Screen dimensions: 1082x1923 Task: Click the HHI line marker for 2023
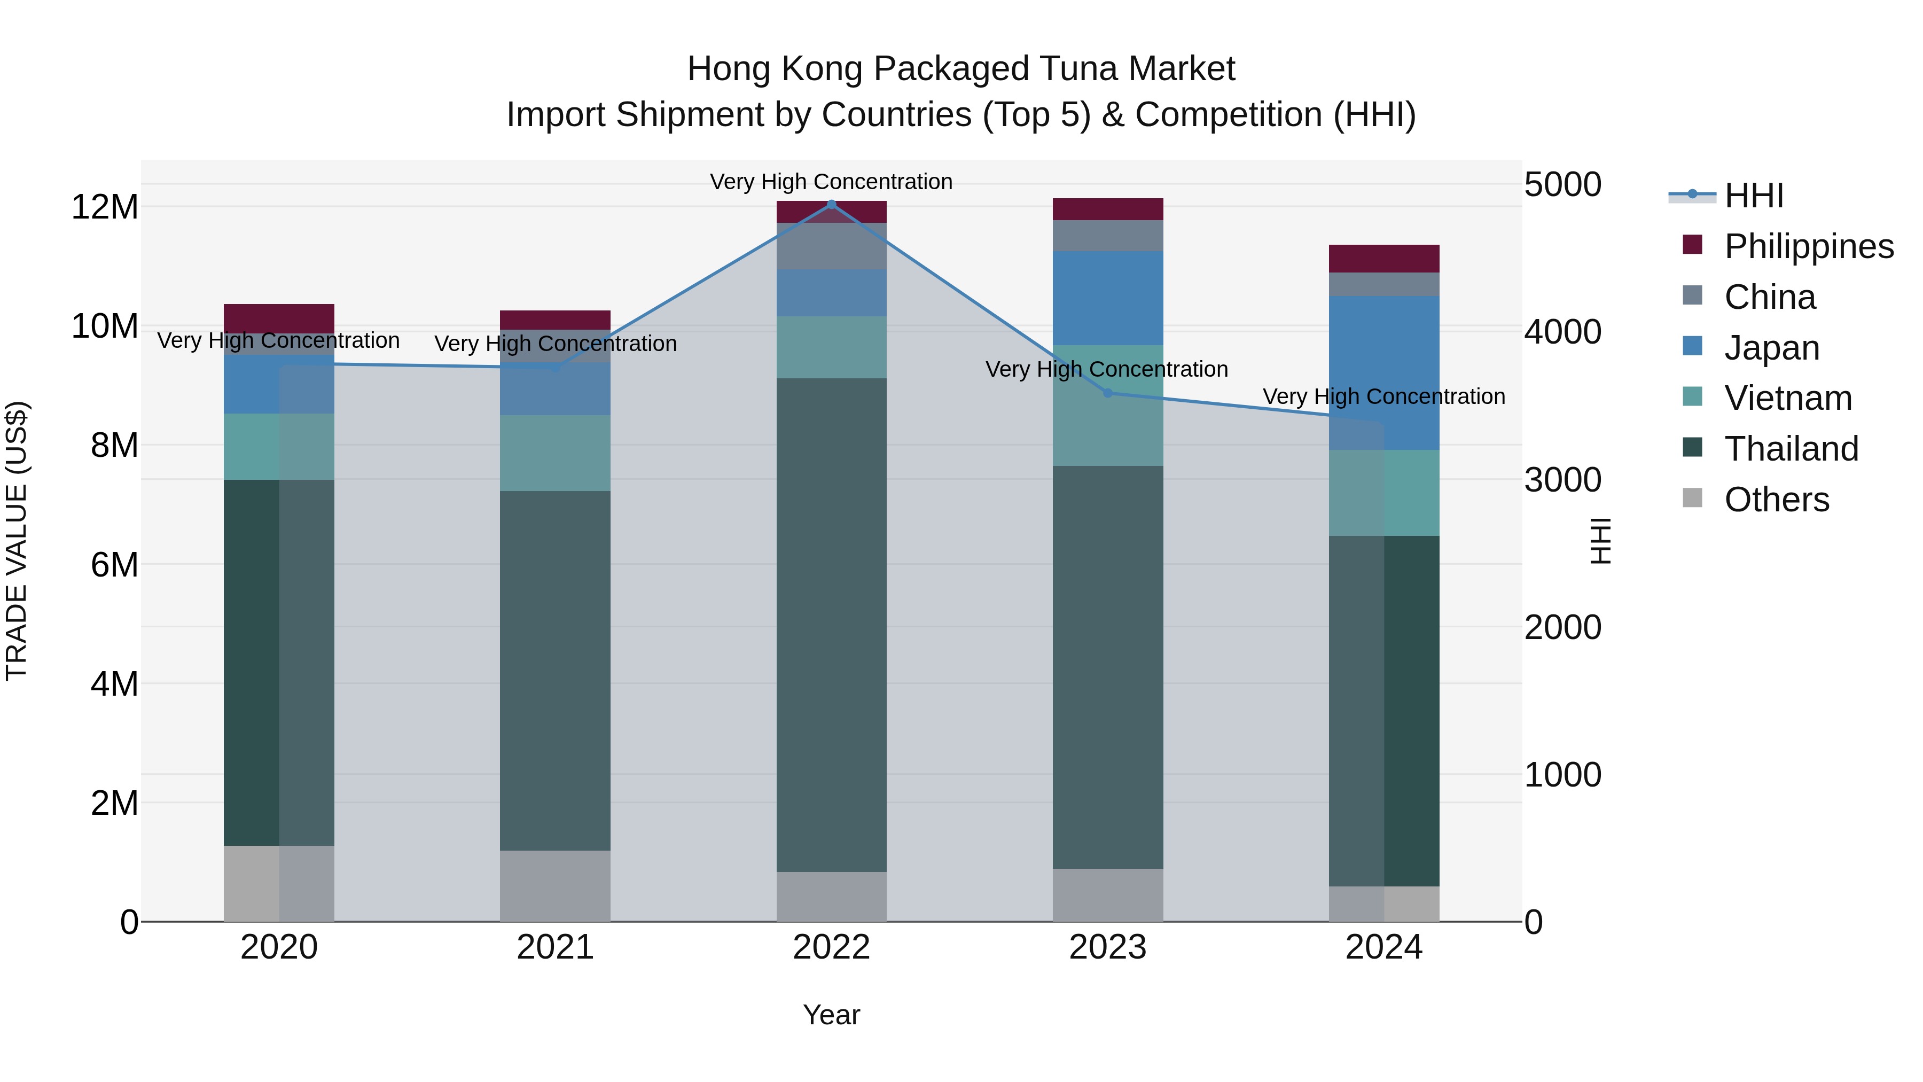pyautogui.click(x=1108, y=393)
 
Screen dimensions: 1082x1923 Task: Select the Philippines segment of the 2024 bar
pyautogui.click(x=1383, y=259)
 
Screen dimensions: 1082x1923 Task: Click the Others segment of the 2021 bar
pyautogui.click(x=554, y=885)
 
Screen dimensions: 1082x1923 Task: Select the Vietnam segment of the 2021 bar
pyautogui.click(x=554, y=453)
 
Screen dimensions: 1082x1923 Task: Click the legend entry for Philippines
pyautogui.click(x=1808, y=246)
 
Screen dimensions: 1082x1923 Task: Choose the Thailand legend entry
pyautogui.click(x=1791, y=449)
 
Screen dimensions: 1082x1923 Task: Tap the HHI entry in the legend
pyautogui.click(x=1754, y=196)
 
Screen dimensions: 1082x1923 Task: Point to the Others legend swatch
pyautogui.click(x=1692, y=498)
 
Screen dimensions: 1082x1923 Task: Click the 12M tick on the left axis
pyautogui.click(x=105, y=207)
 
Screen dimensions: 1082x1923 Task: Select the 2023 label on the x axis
pyautogui.click(x=1108, y=947)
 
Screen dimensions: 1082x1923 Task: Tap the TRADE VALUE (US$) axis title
pyautogui.click(x=17, y=541)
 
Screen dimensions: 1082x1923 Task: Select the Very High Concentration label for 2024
pyautogui.click(x=1383, y=396)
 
